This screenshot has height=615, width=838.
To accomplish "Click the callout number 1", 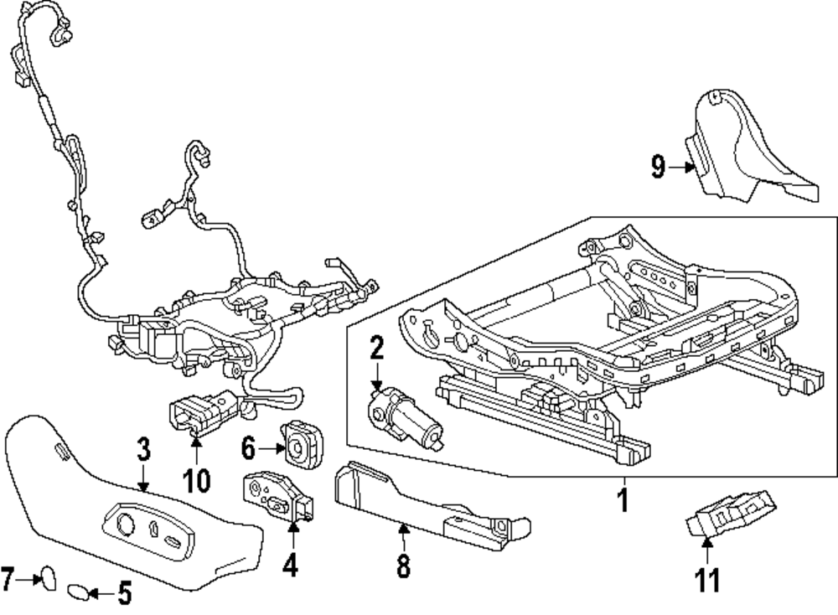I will (622, 501).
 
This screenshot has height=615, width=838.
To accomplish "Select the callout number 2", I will (376, 347).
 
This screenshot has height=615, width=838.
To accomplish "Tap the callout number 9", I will (659, 168).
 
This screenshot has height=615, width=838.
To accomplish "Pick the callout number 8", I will (403, 567).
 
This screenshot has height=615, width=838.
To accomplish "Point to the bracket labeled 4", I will (277, 496).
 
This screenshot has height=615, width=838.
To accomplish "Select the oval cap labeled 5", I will (78, 593).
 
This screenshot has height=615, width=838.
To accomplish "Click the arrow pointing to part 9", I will (684, 168).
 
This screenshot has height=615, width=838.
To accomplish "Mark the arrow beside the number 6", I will (272, 450).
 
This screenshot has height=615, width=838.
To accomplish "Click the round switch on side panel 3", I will (127, 525).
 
